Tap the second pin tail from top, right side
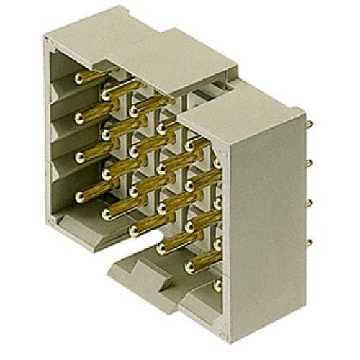point(309,163)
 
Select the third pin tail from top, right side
point(309,203)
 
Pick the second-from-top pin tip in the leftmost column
point(76,116)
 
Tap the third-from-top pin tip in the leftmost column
point(76,155)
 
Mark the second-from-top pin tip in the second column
point(106,133)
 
